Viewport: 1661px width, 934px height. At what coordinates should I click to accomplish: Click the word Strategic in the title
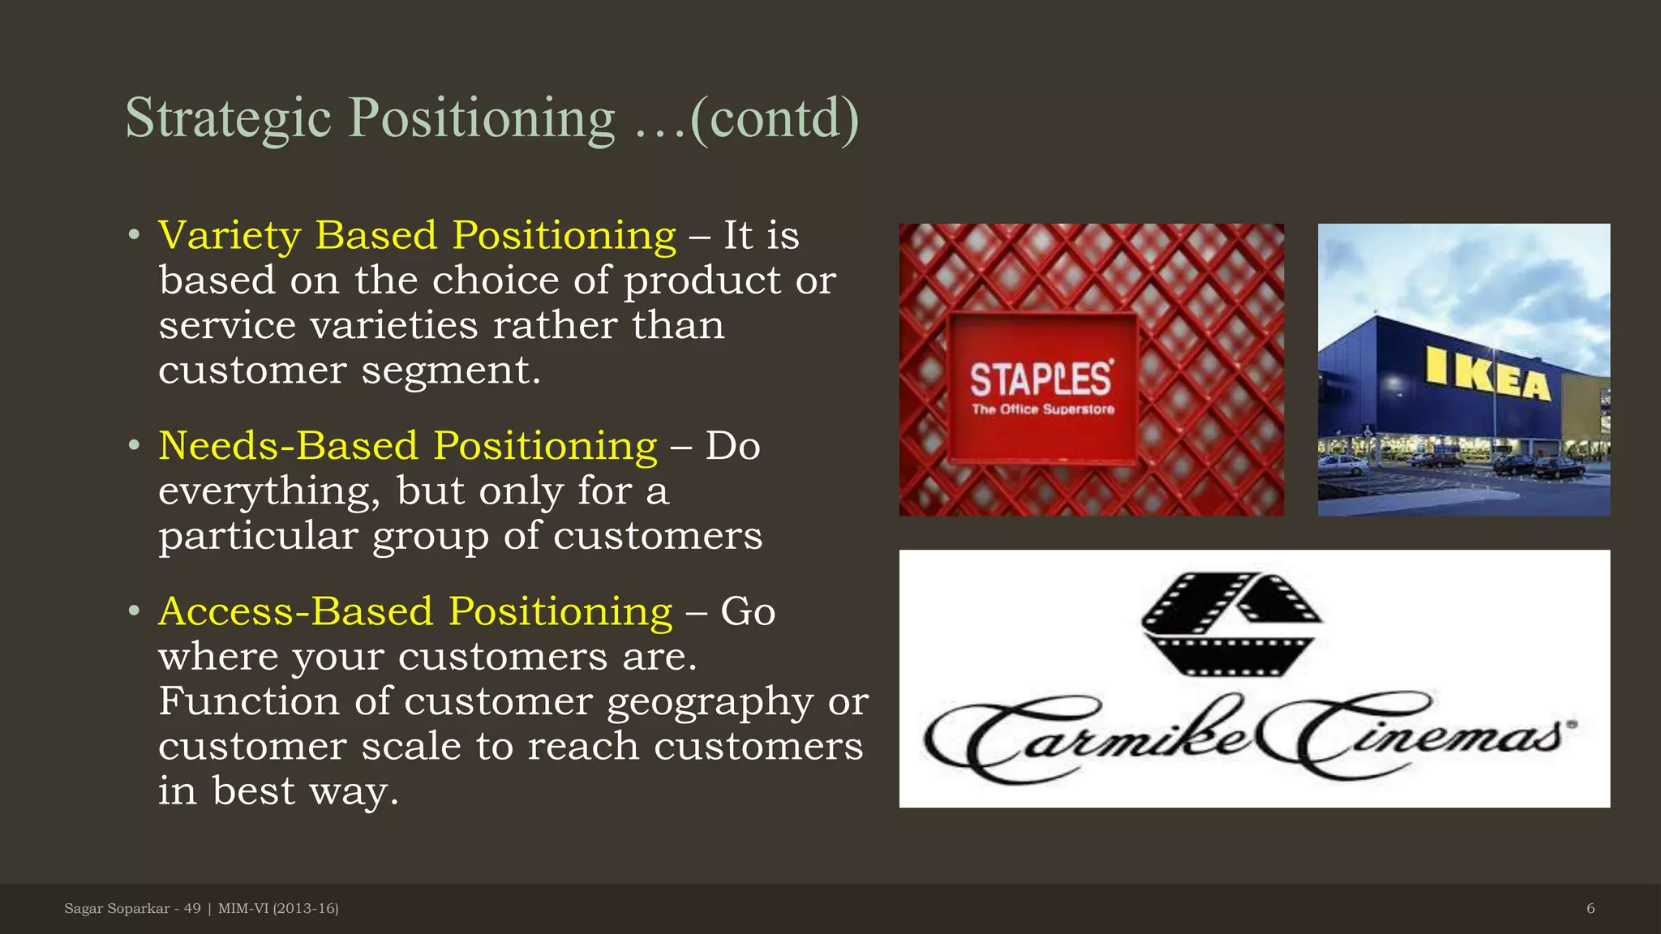tap(228, 118)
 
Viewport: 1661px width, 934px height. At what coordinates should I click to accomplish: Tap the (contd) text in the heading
tap(774, 118)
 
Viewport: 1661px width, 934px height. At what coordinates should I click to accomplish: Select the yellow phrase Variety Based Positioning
tap(417, 236)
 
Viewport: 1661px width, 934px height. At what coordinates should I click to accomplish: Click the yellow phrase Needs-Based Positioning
tap(407, 446)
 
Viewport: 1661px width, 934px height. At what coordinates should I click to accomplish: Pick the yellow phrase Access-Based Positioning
tap(415, 611)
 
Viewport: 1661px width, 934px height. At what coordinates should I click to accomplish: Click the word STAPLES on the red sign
tap(1041, 379)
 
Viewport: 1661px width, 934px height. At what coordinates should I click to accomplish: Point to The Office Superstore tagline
tap(1043, 409)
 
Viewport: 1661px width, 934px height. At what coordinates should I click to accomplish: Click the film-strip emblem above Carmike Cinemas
tap(1230, 623)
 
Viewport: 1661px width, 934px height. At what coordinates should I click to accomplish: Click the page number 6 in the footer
tap(1590, 908)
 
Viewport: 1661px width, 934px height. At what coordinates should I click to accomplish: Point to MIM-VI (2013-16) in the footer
tap(278, 908)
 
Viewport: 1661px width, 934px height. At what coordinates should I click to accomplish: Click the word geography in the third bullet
tap(710, 702)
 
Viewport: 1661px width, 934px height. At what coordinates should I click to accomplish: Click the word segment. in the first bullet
tap(450, 371)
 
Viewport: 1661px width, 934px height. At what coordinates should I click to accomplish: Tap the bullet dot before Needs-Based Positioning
tap(135, 445)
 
